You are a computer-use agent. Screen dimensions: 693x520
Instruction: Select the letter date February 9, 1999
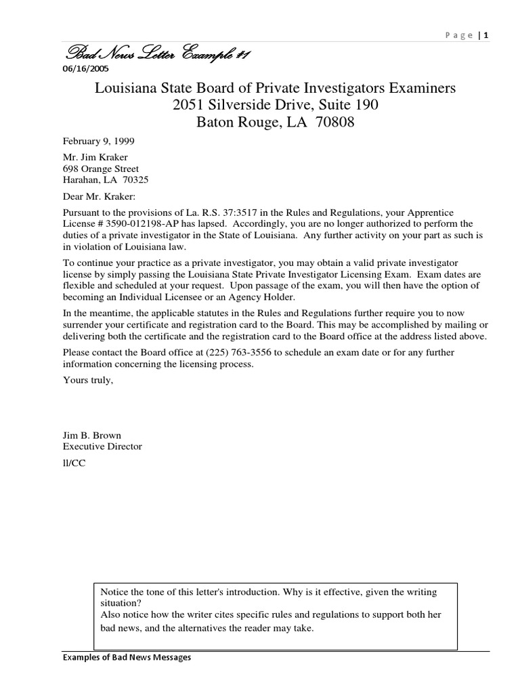(98, 141)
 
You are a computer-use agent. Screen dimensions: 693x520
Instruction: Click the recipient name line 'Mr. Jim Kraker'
(95, 158)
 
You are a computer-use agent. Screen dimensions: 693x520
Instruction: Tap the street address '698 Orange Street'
(101, 169)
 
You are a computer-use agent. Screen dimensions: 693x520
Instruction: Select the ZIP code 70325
(136, 180)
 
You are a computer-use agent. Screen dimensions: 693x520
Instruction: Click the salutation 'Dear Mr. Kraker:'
(99, 196)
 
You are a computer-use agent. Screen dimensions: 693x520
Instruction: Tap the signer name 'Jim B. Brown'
(92, 435)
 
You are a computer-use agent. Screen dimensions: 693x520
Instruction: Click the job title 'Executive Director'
(102, 447)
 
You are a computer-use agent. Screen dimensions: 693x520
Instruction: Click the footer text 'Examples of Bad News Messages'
(127, 657)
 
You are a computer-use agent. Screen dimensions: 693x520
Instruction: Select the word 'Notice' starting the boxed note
(114, 591)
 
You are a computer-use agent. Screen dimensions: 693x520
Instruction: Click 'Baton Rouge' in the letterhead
(237, 122)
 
